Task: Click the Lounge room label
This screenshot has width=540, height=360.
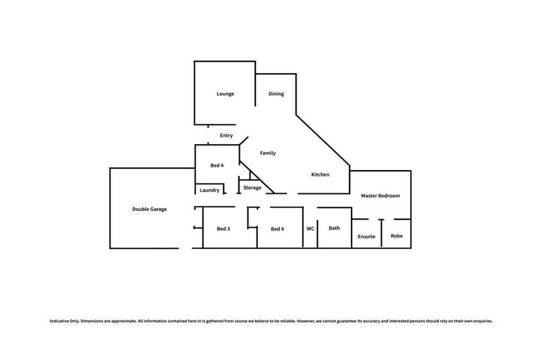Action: pos(225,94)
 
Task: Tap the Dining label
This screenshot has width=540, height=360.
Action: pos(276,94)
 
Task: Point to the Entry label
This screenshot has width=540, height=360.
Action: pos(226,135)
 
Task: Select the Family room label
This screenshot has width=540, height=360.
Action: pos(268,153)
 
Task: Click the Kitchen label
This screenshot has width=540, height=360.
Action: pos(321,174)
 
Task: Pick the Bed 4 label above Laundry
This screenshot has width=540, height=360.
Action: pos(217,165)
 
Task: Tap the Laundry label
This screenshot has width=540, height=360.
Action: pos(210,190)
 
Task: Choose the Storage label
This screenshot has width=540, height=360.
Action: pos(252,188)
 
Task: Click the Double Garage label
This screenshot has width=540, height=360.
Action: pos(149,209)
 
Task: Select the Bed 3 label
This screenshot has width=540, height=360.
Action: pos(224,229)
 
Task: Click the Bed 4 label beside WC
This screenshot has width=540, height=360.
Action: pos(277,229)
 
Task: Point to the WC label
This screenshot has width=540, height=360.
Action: pos(310,229)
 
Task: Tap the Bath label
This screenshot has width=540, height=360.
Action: pos(334,228)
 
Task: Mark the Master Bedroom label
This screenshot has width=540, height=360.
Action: pos(380,195)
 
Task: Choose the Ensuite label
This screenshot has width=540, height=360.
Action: pos(367,236)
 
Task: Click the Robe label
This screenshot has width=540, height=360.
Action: pos(397,236)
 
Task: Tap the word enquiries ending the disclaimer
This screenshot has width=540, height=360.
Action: pos(480,321)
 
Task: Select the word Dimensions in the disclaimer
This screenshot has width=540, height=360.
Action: pos(94,321)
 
